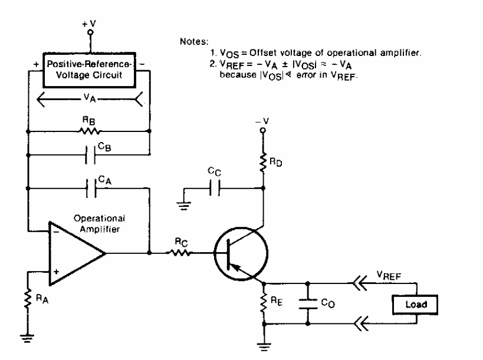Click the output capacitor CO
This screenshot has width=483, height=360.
coord(308,303)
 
